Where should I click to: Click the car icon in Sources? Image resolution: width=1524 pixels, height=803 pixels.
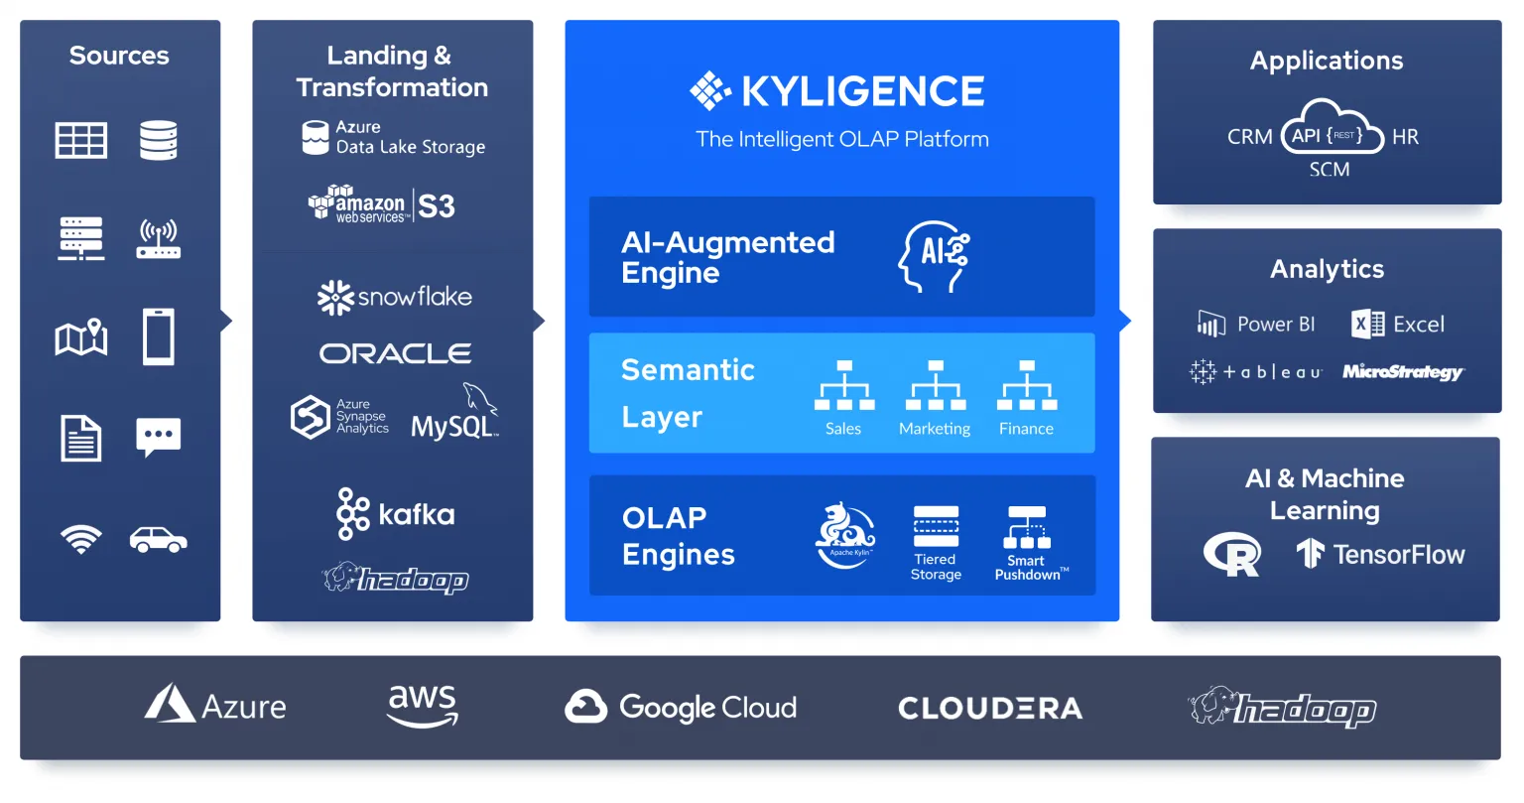pyautogui.click(x=158, y=540)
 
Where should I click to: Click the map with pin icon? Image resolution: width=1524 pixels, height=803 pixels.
pyautogui.click(x=81, y=337)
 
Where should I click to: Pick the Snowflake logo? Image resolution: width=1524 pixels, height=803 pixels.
pyautogui.click(x=394, y=297)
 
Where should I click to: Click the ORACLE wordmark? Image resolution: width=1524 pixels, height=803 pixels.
pyautogui.click(x=395, y=353)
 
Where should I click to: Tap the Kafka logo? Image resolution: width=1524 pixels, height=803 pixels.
pyautogui.click(x=395, y=514)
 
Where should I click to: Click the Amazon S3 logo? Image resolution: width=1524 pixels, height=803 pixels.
pyautogui.click(x=382, y=204)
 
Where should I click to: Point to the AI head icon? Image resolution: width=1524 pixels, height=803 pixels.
pyautogui.click(x=934, y=257)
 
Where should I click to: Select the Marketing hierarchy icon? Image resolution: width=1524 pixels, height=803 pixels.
pyautogui.click(x=935, y=386)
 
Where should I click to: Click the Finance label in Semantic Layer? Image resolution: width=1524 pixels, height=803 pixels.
pyautogui.click(x=1026, y=429)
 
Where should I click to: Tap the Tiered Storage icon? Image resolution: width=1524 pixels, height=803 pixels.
pyautogui.click(x=936, y=527)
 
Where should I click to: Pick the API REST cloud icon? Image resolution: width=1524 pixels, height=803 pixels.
pyautogui.click(x=1331, y=129)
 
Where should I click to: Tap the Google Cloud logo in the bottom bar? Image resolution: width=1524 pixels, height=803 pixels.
pyautogui.click(x=681, y=707)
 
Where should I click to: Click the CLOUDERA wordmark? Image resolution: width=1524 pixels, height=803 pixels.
pyautogui.click(x=990, y=708)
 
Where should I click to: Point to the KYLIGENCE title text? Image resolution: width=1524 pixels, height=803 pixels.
pyautogui.click(x=862, y=91)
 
